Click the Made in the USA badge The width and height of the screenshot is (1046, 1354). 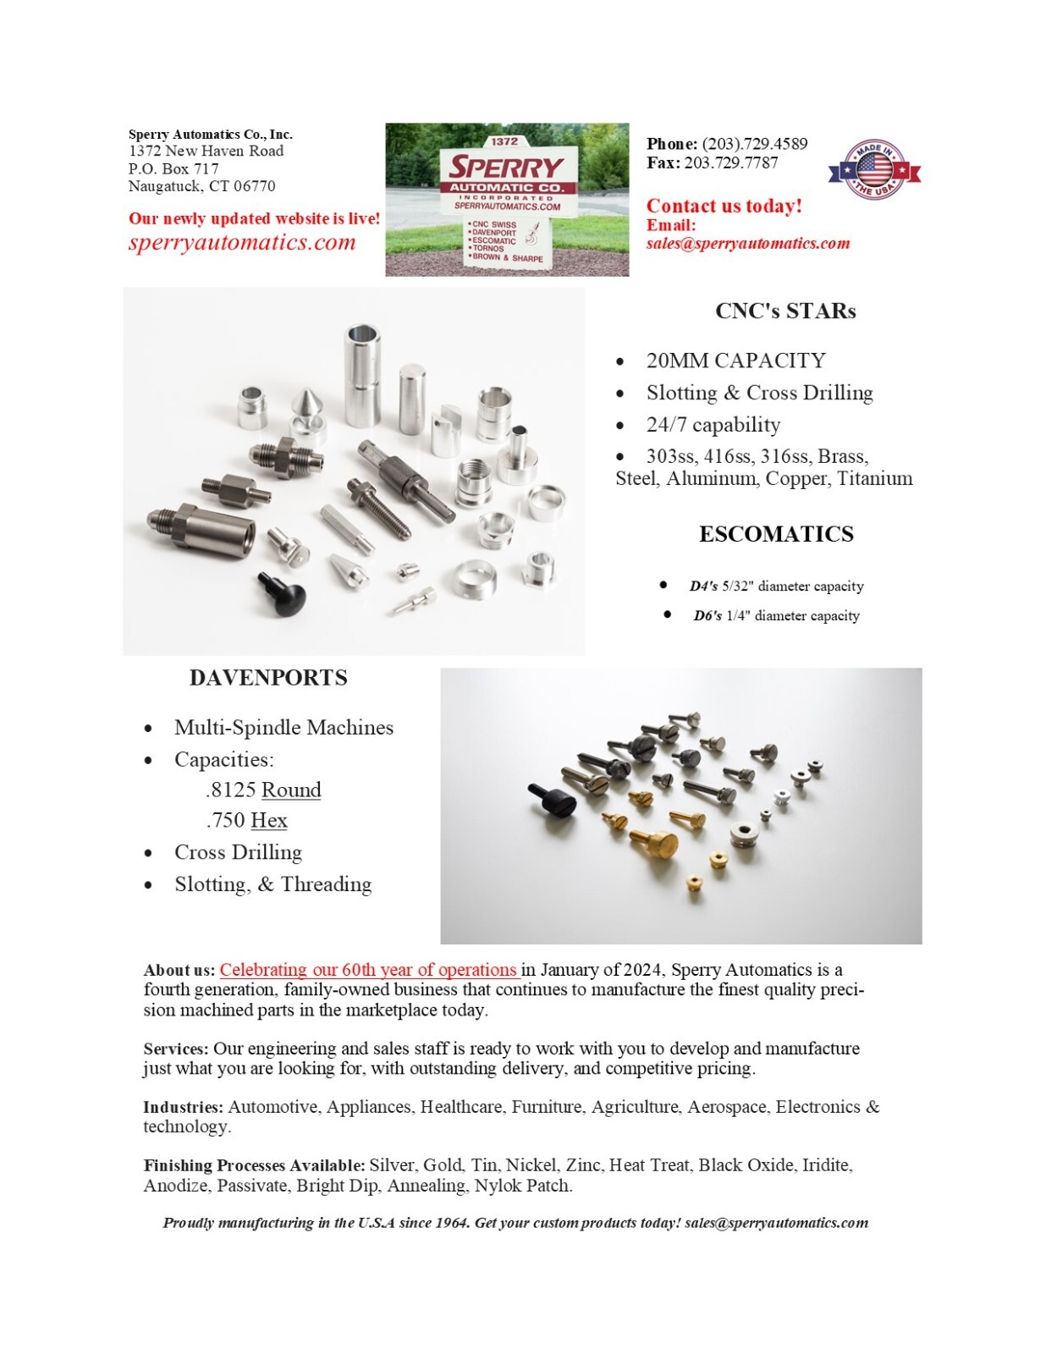coord(873,169)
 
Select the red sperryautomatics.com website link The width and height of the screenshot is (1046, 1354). coord(242,243)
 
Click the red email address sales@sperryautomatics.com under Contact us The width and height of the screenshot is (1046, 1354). coord(748,244)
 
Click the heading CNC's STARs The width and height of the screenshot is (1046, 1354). coord(785,311)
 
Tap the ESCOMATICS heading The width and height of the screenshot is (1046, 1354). coord(776,535)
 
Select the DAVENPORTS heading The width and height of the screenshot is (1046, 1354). coord(268,678)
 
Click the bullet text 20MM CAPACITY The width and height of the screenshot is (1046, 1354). coord(735,361)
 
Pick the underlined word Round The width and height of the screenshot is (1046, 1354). coord(291,790)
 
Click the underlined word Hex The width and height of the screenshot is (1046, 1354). coord(269,821)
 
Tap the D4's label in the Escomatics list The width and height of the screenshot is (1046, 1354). coord(703,586)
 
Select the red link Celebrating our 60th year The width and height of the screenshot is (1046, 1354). coord(368,970)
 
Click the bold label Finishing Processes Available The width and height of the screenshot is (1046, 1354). coord(254,1165)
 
